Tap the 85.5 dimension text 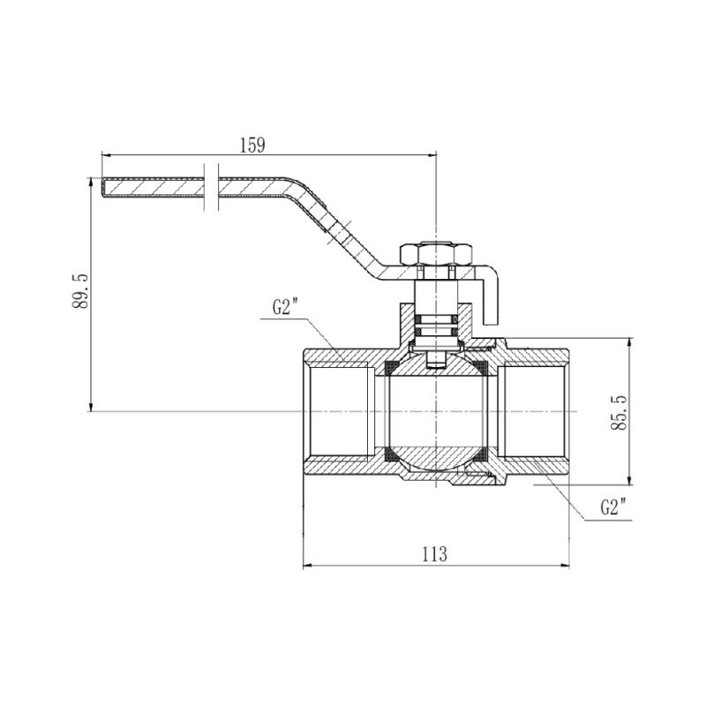(x=618, y=412)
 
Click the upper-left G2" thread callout (x=286, y=308)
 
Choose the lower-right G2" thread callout (x=612, y=507)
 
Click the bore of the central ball (x=436, y=412)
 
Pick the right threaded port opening (x=534, y=412)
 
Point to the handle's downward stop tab (x=495, y=300)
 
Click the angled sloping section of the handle (x=340, y=229)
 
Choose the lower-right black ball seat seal (x=484, y=456)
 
